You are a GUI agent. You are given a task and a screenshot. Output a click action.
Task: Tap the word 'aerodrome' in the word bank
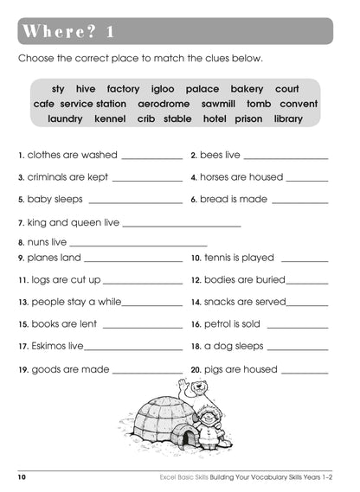click(x=164, y=104)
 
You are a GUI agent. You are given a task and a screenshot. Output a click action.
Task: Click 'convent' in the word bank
click(x=299, y=104)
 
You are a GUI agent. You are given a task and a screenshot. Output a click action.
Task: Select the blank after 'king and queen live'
click(x=182, y=225)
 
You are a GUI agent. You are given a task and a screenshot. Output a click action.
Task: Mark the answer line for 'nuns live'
click(x=138, y=245)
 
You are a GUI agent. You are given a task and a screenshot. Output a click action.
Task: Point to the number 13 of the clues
click(x=22, y=303)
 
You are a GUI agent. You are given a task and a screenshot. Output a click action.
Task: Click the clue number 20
click(x=196, y=370)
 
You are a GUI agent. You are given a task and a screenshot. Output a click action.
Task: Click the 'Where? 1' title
click(x=67, y=32)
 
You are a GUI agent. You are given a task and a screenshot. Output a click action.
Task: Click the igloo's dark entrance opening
click(x=185, y=437)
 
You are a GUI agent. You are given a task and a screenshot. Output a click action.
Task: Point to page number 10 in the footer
click(x=22, y=477)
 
